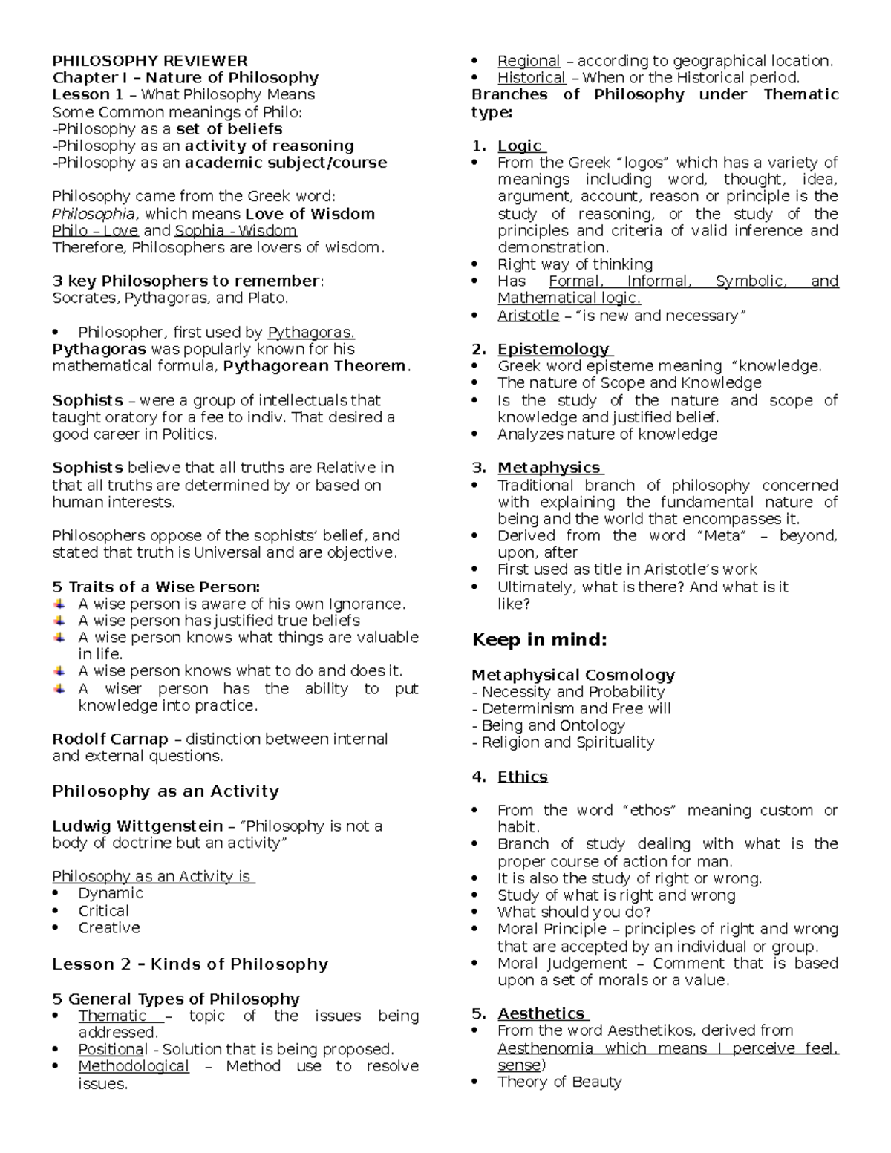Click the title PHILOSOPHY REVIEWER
point(149,61)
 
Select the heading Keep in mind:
point(540,640)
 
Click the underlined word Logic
point(520,146)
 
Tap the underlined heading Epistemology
point(553,349)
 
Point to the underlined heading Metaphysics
point(549,468)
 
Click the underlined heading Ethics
point(522,777)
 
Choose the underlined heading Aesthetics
point(541,1013)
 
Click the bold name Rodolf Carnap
point(110,739)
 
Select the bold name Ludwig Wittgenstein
point(137,826)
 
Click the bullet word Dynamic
point(111,893)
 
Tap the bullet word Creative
point(109,928)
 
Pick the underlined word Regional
point(529,61)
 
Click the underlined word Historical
point(531,78)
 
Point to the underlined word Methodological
point(134,1066)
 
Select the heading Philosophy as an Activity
point(166,791)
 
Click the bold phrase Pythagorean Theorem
point(315,366)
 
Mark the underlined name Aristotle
point(528,316)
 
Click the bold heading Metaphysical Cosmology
point(573,676)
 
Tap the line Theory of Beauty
point(559,1082)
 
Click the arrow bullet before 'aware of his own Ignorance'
point(60,604)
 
